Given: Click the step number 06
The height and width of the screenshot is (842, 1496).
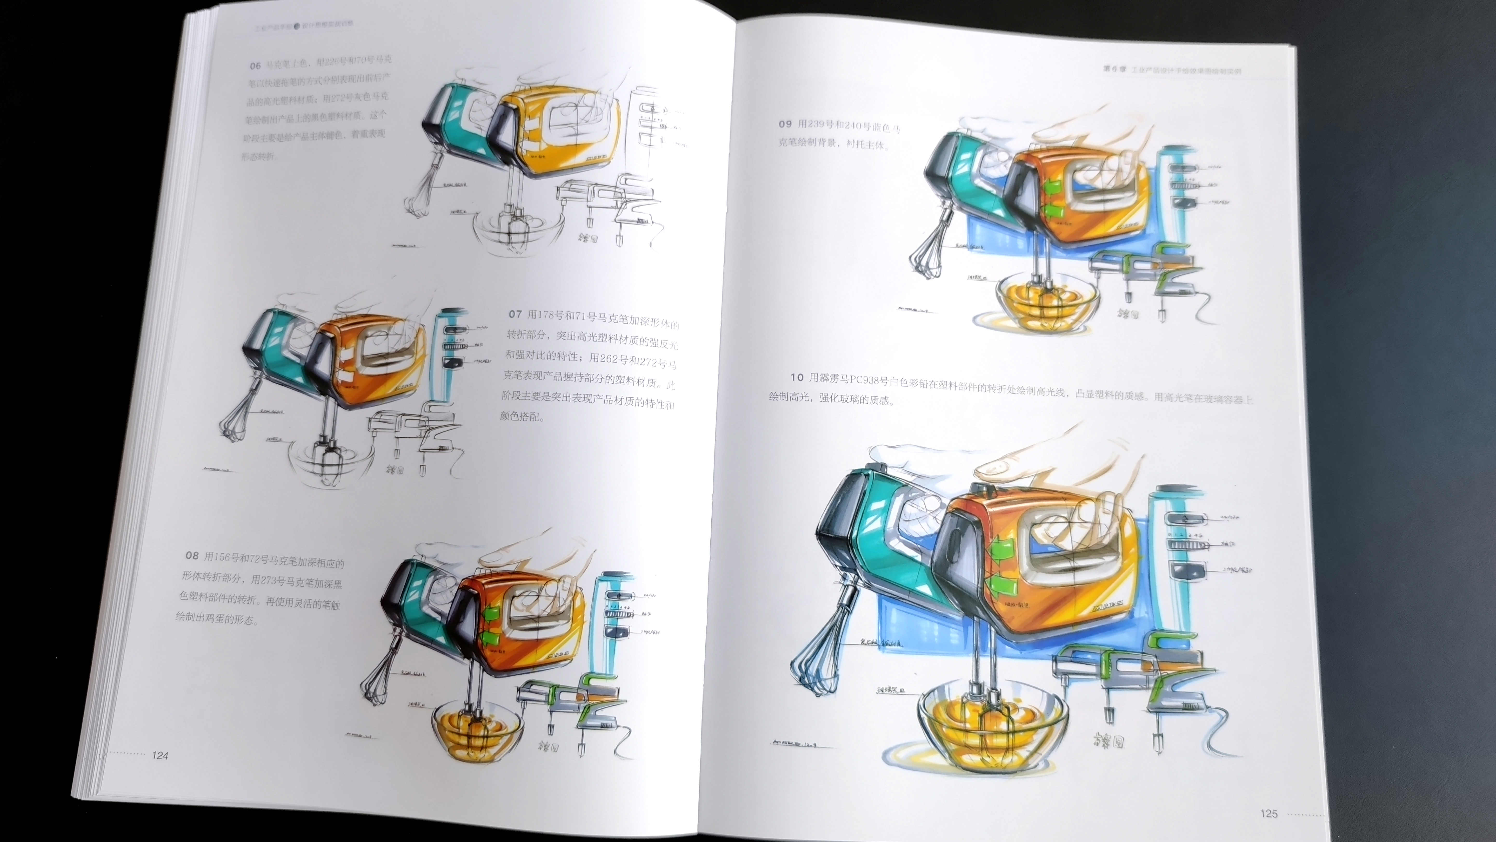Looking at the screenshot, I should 255,66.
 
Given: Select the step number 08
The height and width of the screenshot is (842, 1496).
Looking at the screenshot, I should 192,556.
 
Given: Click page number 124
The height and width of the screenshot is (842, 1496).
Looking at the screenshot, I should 160,755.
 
